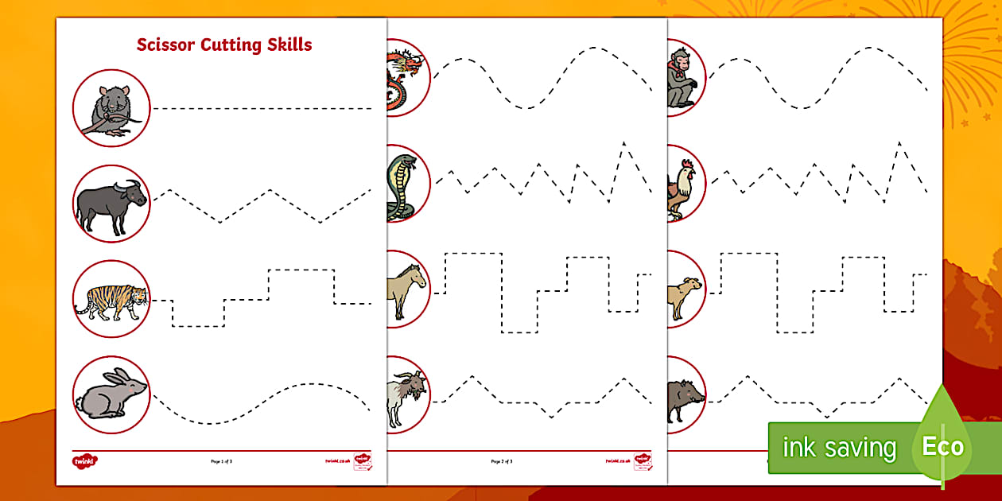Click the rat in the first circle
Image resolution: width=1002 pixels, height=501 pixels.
point(111,109)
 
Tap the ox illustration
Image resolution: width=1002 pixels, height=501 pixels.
point(111,204)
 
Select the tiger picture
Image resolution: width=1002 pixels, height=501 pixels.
point(111,301)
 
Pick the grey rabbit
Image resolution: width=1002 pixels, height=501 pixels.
point(111,394)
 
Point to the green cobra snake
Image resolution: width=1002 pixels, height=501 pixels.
point(401,186)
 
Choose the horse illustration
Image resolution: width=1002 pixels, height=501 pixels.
point(405,289)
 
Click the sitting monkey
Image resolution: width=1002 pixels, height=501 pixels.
point(682,78)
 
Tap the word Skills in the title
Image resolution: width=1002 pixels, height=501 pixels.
point(287,45)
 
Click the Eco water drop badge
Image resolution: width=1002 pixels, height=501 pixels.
point(942,445)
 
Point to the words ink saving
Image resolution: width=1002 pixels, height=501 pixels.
point(838,449)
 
